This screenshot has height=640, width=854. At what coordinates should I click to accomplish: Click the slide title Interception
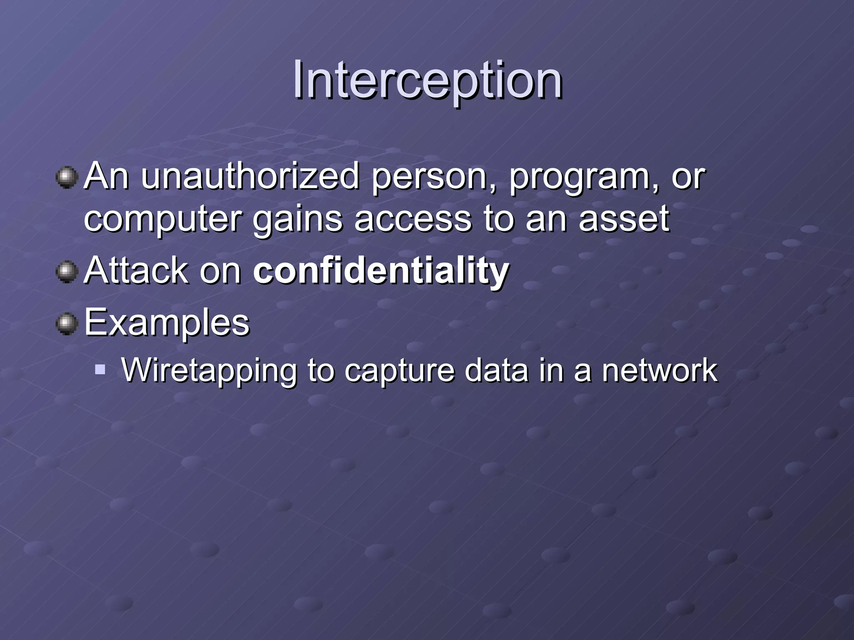point(427,80)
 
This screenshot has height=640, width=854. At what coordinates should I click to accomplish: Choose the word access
point(413,220)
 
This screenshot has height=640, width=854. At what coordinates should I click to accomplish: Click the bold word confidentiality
point(381,271)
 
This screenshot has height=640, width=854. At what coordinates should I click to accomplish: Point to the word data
point(496,370)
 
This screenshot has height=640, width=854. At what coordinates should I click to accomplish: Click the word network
point(660,370)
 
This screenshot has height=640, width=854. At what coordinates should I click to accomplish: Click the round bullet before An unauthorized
point(67,178)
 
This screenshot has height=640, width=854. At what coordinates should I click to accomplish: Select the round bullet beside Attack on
point(67,272)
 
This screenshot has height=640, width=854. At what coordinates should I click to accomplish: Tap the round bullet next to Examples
point(67,324)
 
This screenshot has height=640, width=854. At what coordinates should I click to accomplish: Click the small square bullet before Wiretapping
point(100,369)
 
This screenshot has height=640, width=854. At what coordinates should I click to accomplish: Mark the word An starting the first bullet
point(106,177)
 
